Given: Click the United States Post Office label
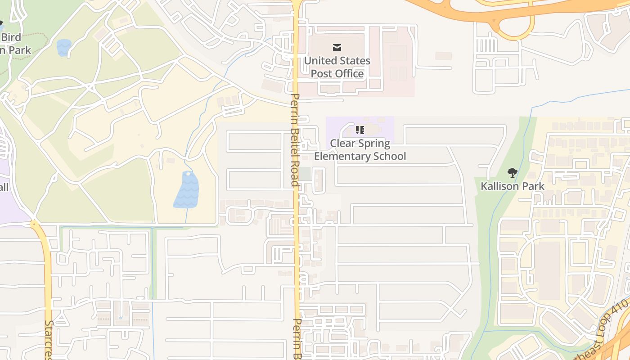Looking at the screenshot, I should (x=337, y=67).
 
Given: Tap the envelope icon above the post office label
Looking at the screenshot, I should (x=337, y=48).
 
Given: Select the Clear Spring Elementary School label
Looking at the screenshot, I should (x=360, y=149).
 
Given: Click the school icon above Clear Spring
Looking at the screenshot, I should (x=360, y=130).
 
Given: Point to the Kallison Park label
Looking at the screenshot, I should (x=513, y=186).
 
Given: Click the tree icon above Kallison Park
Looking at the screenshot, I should (x=512, y=172).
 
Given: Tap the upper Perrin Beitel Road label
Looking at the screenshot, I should (x=295, y=139).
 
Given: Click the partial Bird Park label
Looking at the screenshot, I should (x=13, y=44).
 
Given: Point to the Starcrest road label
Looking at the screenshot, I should (x=49, y=340).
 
